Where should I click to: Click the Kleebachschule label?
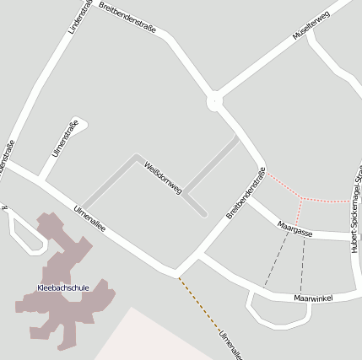pyautogui.click(x=63, y=288)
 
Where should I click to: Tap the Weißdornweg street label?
pyautogui.click(x=163, y=178)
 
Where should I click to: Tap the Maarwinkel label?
pyautogui.click(x=313, y=298)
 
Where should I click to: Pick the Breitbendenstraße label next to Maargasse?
pyautogui.click(x=246, y=194)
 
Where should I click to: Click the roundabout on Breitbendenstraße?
pyautogui.click(x=214, y=102)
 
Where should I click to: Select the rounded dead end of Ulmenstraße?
pyautogui.click(x=80, y=122)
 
